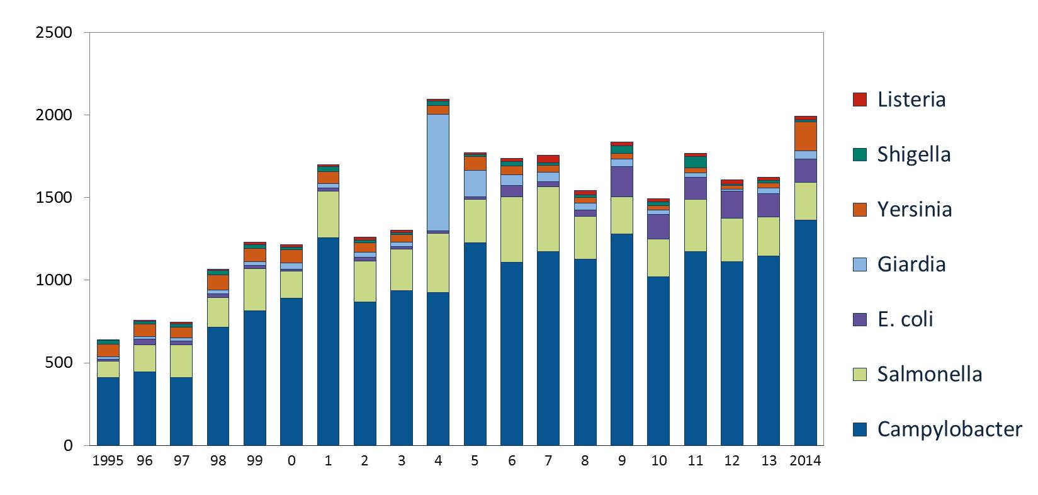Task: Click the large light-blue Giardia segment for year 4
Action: [x=437, y=172]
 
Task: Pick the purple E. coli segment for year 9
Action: [x=621, y=181]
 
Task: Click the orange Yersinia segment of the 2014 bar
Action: [x=805, y=136]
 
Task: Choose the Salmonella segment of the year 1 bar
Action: [x=327, y=214]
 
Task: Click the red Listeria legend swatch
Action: [x=859, y=100]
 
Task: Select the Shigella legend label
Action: [x=913, y=154]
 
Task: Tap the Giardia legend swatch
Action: [x=859, y=264]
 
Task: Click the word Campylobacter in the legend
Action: [x=949, y=429]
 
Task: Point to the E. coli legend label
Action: [x=905, y=319]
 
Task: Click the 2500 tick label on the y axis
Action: [x=54, y=32]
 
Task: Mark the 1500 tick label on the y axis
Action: [x=54, y=198]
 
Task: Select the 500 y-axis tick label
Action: [x=60, y=363]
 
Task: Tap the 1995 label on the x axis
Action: [x=108, y=460]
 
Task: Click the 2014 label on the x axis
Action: [x=805, y=460]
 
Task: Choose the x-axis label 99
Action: [x=254, y=460]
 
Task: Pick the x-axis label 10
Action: [x=658, y=460]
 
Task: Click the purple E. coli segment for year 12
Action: [x=731, y=204]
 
